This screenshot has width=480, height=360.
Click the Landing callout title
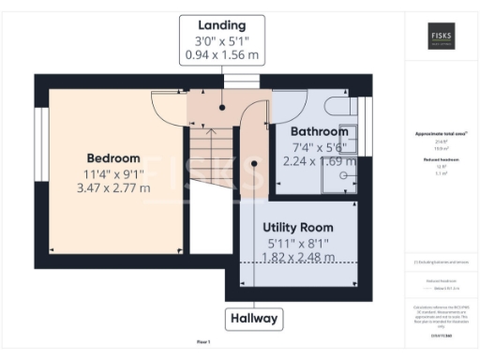[222, 24]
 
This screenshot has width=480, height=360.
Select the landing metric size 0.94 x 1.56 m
[222, 55]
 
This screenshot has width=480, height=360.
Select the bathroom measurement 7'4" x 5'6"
[319, 146]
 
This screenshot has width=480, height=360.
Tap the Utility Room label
[298, 227]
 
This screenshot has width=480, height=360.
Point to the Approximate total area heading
[441, 134]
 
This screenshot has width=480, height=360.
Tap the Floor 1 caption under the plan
[203, 341]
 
